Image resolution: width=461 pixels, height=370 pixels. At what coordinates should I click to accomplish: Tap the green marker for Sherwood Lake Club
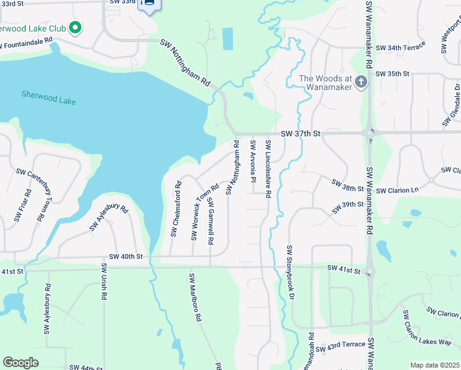click(x=75, y=28)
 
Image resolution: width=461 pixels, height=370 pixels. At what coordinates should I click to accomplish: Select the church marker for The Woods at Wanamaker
click(x=362, y=82)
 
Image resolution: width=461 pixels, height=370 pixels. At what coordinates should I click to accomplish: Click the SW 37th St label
click(x=301, y=133)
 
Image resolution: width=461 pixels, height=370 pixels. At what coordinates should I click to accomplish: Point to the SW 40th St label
click(x=126, y=256)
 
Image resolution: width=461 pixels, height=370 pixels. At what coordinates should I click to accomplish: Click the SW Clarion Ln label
click(x=396, y=191)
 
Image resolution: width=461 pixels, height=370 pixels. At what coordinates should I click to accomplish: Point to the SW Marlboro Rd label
click(x=195, y=297)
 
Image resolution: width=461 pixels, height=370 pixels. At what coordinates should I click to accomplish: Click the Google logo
click(x=20, y=363)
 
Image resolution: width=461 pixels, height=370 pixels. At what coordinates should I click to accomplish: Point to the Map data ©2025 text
click(x=434, y=365)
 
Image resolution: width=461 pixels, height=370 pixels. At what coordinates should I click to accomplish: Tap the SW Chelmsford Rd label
click(x=176, y=208)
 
